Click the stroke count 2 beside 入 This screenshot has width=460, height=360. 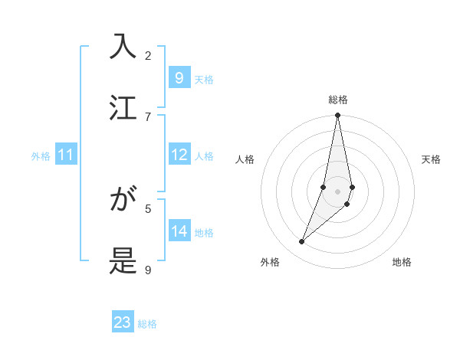point(148,55)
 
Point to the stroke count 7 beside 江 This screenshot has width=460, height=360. point(148,116)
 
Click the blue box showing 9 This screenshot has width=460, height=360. point(179,78)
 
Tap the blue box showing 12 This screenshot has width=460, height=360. point(179,155)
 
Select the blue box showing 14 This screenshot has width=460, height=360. point(179,231)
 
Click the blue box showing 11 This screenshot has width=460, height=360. point(65,155)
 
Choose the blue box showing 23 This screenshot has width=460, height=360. point(123,322)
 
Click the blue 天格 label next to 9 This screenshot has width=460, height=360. point(204,80)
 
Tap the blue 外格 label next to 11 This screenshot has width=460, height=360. point(41,156)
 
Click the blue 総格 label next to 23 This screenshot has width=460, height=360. point(147,324)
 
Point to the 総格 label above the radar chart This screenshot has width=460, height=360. point(337,100)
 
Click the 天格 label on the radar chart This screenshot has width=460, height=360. point(431,159)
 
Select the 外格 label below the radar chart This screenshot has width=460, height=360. point(270,262)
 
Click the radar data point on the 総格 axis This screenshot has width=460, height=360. point(337,116)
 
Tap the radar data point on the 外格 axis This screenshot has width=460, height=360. point(301,242)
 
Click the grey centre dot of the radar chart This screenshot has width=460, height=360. point(337,191)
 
